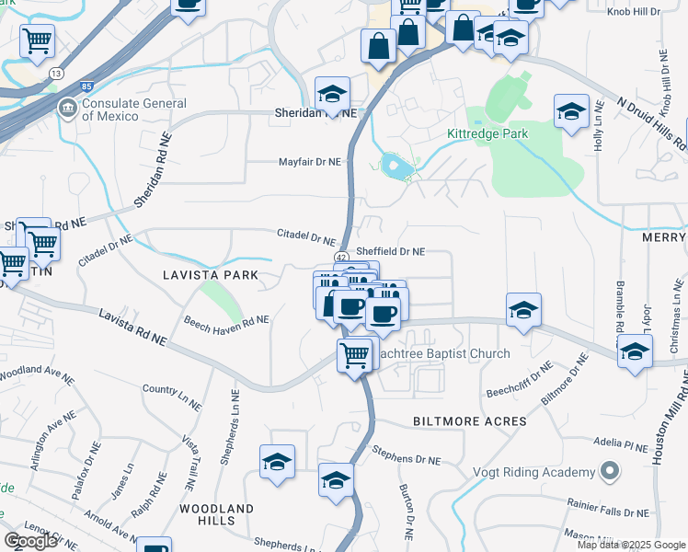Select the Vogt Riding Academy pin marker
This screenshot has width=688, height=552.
click(609, 473)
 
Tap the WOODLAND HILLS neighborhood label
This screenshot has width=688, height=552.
click(216, 513)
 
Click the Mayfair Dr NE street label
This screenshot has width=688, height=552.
click(310, 162)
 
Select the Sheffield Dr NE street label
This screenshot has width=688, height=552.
click(391, 251)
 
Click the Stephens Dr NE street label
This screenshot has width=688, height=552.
click(407, 454)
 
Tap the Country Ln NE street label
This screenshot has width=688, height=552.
click(172, 390)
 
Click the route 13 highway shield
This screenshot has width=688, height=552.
click(56, 73)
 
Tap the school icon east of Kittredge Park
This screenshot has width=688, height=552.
click(571, 111)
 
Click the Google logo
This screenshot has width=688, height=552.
click(30, 540)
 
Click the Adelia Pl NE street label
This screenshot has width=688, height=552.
click(621, 443)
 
